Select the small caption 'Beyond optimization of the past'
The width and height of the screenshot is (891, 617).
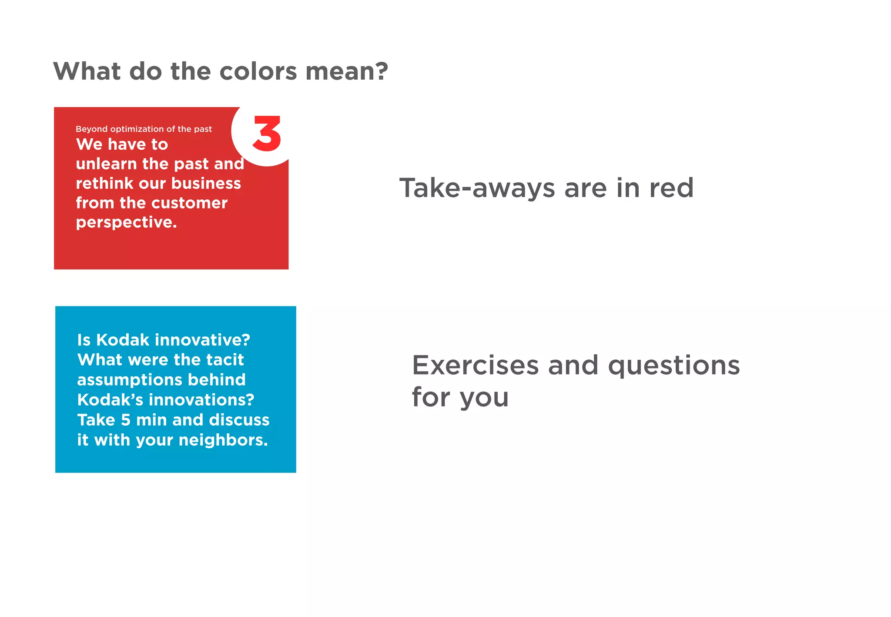(144, 129)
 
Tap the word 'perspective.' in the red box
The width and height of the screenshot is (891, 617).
(126, 223)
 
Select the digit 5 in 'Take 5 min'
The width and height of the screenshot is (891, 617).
(126, 420)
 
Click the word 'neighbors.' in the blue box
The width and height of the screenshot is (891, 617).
(223, 440)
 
